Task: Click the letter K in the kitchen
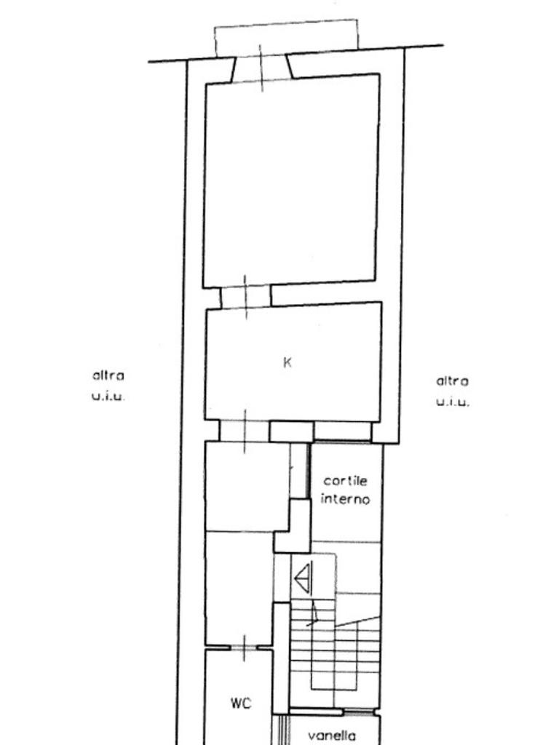pos(287,362)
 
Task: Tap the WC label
pos(241,704)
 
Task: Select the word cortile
pos(346,481)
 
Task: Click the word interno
pos(346,499)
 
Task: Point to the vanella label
pos(332,736)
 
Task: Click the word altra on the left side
pos(108,375)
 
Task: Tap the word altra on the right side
pos(452,381)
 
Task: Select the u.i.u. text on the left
pos(108,396)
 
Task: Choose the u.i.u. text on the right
pos(453,402)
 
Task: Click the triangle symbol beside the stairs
pos(303,578)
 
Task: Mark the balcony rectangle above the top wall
pos(287,38)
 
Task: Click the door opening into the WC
pos(243,648)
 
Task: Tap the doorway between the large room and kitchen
pos(245,296)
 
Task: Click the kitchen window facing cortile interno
pos(343,431)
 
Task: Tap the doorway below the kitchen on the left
pos(245,431)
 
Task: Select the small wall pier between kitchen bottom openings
pos(291,431)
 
